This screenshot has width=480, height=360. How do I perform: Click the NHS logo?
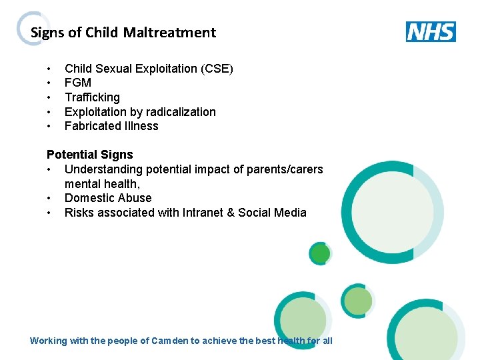pos(431,31)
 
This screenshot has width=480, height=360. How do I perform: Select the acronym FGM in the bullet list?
pos(78,83)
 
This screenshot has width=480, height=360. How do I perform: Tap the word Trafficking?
pos(92,97)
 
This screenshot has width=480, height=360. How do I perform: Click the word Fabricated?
pos(91,126)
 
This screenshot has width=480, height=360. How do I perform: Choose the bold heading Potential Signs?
pos(90,155)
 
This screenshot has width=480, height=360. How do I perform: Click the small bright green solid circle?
pos(321,253)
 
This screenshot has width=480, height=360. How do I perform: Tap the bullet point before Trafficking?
pos(50,97)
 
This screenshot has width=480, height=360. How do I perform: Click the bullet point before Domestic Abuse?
pos(50,198)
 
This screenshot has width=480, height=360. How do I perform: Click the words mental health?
pos(101,184)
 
